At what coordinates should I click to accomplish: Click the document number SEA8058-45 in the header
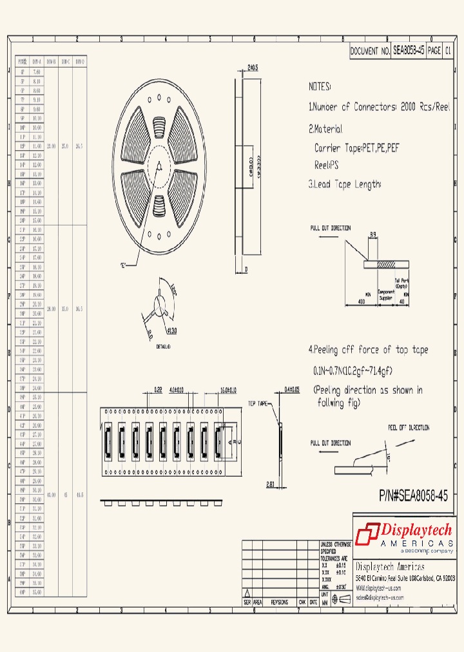coord(409,51)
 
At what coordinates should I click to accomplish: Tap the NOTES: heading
coord(320,86)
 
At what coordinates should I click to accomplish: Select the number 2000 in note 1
coord(411,107)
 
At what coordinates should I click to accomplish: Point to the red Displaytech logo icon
coord(368,533)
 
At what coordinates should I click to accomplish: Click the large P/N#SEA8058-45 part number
coord(413,496)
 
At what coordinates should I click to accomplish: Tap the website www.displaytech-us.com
coord(378,588)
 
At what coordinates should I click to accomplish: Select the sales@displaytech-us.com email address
coord(380,597)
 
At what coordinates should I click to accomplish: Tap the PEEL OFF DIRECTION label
coord(408,427)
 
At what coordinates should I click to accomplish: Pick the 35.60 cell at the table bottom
coord(36,591)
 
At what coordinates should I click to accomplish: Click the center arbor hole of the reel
coord(159,166)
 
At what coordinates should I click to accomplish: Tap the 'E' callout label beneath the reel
coord(122,265)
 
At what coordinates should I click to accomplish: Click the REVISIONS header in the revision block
coord(280,602)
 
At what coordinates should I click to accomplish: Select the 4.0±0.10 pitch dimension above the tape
coord(176,390)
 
